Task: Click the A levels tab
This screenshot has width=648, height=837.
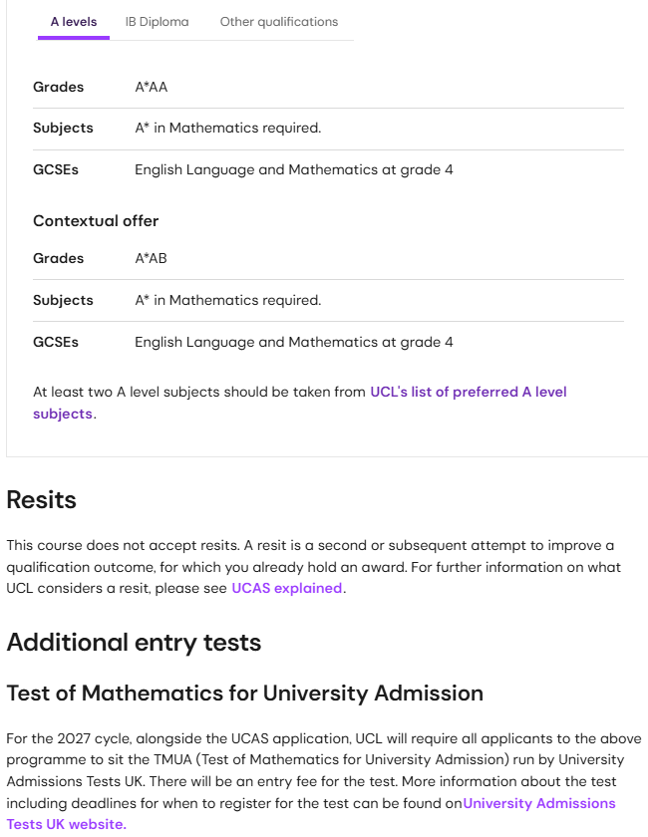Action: [74, 22]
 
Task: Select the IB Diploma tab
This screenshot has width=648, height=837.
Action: [157, 22]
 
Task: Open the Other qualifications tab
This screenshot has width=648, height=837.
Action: [278, 22]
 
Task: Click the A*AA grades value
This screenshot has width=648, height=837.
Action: [152, 87]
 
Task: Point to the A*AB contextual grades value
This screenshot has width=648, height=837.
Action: [152, 258]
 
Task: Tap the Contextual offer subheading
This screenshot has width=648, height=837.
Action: [96, 220]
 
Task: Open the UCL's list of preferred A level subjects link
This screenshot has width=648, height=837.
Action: [468, 392]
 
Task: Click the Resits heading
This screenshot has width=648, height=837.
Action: [41, 499]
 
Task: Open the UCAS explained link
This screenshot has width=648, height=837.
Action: [287, 588]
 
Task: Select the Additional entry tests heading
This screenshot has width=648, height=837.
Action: [134, 642]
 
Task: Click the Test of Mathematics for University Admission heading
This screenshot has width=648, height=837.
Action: [244, 693]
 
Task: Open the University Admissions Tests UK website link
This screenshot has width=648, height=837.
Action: [538, 803]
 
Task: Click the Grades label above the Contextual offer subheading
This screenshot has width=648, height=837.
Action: [58, 87]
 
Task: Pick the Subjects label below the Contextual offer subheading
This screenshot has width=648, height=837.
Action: [63, 300]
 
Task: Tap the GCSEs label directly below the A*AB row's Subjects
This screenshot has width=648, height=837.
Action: [56, 342]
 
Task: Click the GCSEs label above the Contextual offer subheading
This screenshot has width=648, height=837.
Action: [56, 169]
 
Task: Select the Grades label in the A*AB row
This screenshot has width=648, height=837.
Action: [58, 258]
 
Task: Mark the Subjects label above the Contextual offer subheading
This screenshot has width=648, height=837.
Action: [63, 128]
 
